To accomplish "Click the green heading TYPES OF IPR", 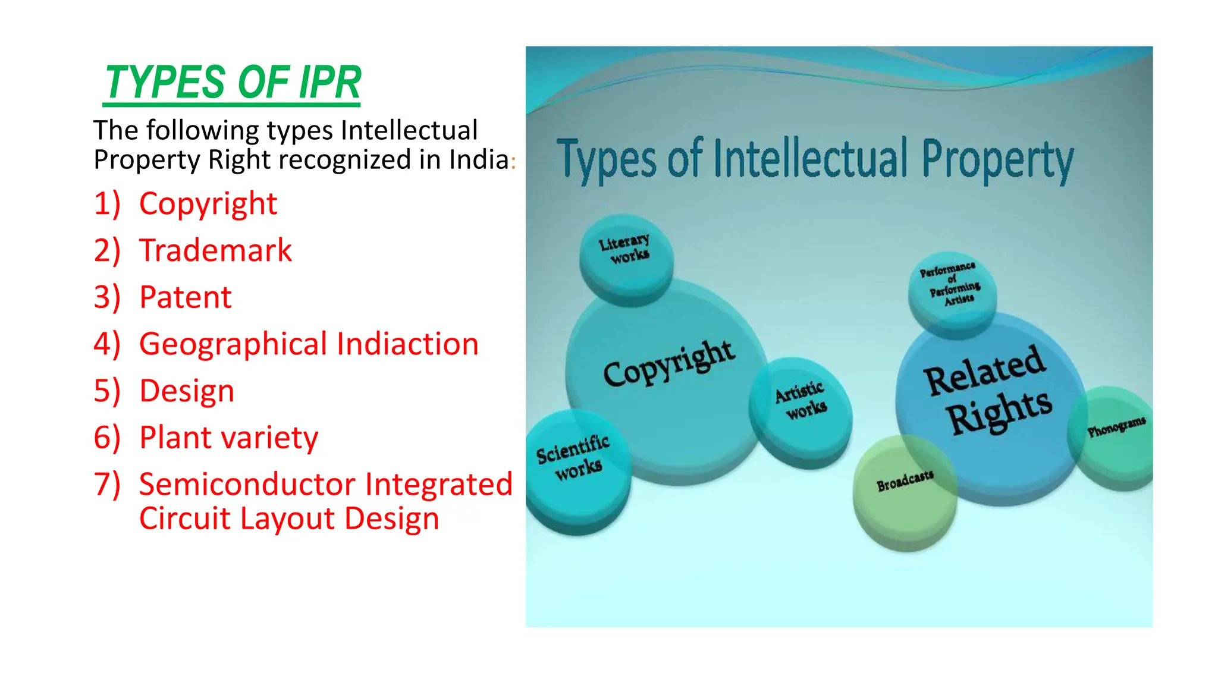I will click(233, 83).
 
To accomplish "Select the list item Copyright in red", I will click(208, 204).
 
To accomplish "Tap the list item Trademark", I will click(215, 250).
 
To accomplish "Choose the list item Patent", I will click(185, 297).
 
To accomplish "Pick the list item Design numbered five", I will click(187, 391).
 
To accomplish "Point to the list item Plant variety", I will click(228, 438).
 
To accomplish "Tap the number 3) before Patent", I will click(107, 297).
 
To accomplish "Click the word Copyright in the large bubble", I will click(668, 364).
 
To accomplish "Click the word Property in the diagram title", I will click(997, 159).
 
